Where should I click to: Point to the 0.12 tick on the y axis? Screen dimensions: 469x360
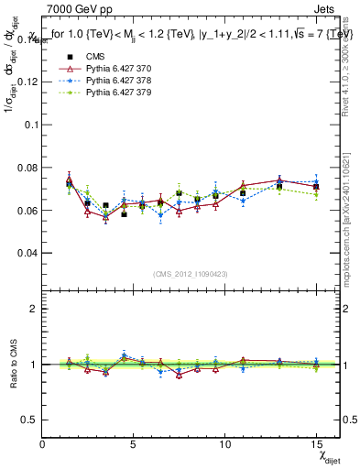27,82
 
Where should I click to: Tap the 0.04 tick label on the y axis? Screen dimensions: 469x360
27,252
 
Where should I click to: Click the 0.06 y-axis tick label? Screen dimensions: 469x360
27,210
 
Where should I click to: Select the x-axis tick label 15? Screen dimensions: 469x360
315,444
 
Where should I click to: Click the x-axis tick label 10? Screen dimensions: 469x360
224,444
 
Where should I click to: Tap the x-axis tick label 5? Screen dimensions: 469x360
134,444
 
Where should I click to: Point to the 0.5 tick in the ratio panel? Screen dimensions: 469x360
29,420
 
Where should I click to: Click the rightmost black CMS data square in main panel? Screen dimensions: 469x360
315,187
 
